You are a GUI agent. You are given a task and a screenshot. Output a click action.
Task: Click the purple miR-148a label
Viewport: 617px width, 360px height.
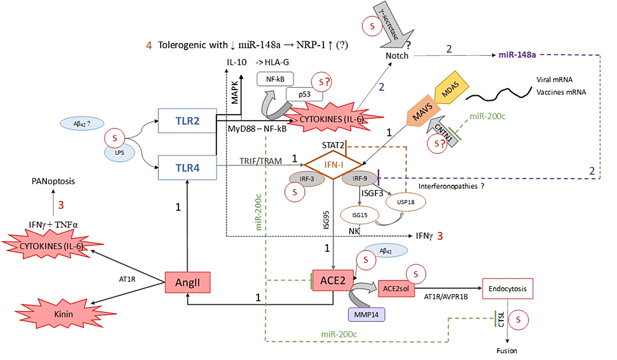click(x=517, y=56)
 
